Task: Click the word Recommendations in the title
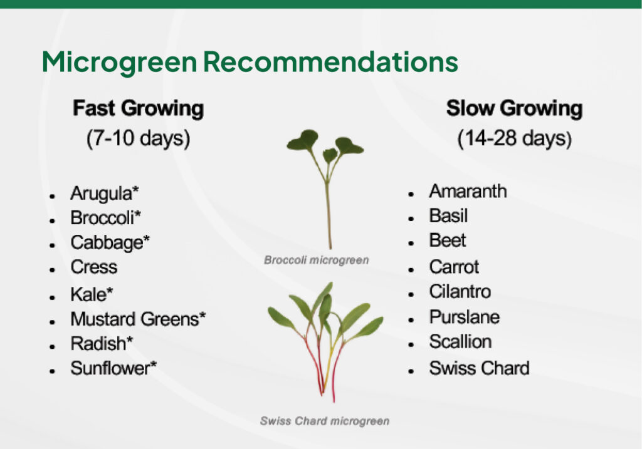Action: click(330, 62)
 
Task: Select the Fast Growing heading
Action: click(138, 108)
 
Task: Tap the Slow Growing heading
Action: click(514, 108)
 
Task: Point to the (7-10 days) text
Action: click(138, 138)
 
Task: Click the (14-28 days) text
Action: click(514, 138)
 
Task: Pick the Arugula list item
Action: click(104, 193)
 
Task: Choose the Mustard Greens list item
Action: click(138, 319)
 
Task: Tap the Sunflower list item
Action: click(113, 368)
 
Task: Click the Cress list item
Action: click(93, 267)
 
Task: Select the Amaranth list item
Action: click(468, 191)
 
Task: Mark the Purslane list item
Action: click(464, 317)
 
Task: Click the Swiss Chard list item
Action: click(479, 368)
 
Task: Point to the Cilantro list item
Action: click(460, 292)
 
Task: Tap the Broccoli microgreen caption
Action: click(316, 260)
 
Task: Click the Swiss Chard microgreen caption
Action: click(324, 421)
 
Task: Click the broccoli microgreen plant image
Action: click(326, 182)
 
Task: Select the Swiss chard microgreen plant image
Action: click(325, 338)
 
